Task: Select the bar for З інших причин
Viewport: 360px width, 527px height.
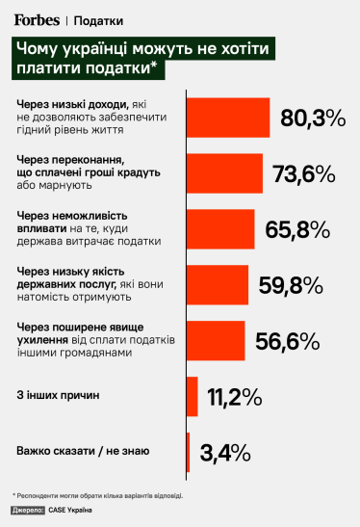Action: point(191,396)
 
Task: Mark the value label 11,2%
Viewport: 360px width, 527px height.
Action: point(233,396)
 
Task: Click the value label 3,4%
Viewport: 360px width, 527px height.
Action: point(224,451)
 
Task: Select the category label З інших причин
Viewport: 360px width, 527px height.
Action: point(59,396)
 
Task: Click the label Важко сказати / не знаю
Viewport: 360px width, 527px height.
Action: point(82,451)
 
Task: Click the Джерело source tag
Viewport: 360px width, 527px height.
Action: point(28,509)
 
